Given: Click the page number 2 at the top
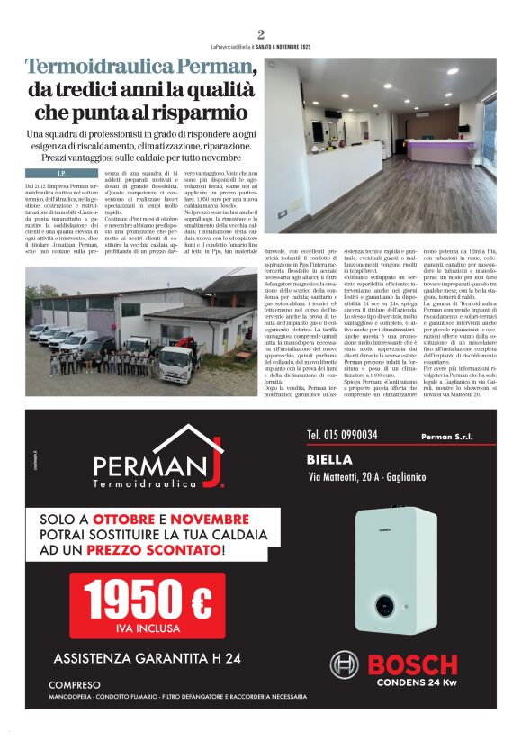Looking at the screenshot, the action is coord(260,35).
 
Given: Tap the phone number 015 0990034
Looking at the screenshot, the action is coord(342,435).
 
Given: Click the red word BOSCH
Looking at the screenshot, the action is coord(414,666).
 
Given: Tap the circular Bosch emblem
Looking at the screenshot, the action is coord(344,665).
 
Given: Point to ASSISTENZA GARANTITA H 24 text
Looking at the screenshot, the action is coord(147,658).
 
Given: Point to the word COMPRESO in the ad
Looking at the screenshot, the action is coord(75,685).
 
